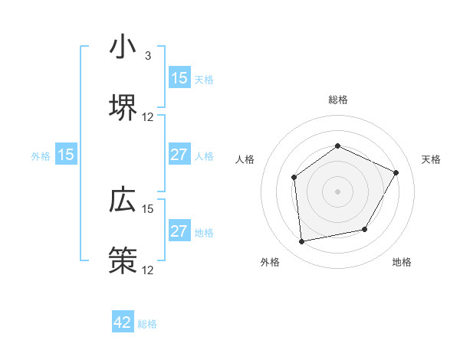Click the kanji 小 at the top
123,47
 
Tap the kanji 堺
123,106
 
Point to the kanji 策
123,260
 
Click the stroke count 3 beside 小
148,56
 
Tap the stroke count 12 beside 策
148,270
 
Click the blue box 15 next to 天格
179,78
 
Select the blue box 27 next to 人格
179,155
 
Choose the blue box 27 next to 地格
179,232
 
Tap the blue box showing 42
123,322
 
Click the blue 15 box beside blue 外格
66,155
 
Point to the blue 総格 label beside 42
147,324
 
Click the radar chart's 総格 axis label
337,100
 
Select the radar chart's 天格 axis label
431,159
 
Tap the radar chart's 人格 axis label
245,159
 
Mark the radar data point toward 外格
302,241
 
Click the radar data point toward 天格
396,172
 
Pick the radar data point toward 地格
365,229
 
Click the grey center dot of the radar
337,191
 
